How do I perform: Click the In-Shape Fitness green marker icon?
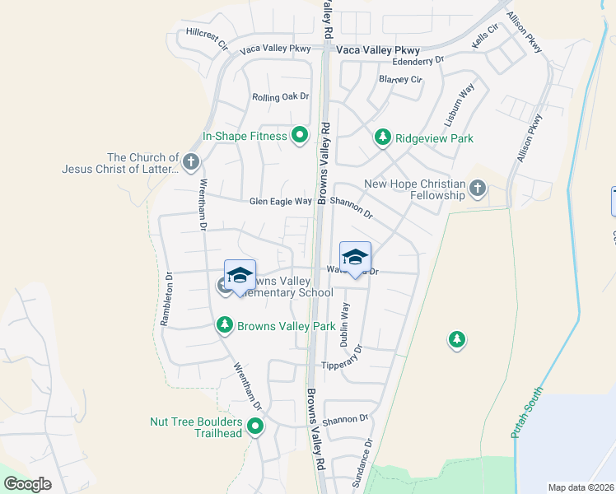coord(300,135)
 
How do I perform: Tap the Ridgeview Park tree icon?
coord(382,137)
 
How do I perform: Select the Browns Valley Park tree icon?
coord(224,326)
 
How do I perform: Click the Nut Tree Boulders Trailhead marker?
coord(255,426)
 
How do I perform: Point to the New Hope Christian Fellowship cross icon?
coord(477,189)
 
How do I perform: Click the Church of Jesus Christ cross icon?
coord(191,162)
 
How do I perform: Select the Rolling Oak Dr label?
coord(280,97)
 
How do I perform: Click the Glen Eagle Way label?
coord(281,202)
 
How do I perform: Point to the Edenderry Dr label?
coord(418,61)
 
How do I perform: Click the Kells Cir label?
coord(485,35)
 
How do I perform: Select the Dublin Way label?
coord(346,322)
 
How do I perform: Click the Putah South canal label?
coord(528,412)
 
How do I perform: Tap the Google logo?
coord(27,484)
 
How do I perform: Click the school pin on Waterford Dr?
coord(355,259)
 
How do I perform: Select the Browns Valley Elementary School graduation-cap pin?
coord(240,277)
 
